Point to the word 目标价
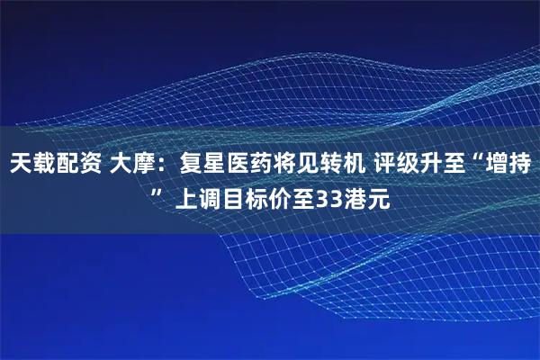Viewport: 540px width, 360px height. pos(256,197)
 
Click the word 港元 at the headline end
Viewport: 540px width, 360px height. pos(367,197)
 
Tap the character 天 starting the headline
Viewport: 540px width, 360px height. pos(20,164)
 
